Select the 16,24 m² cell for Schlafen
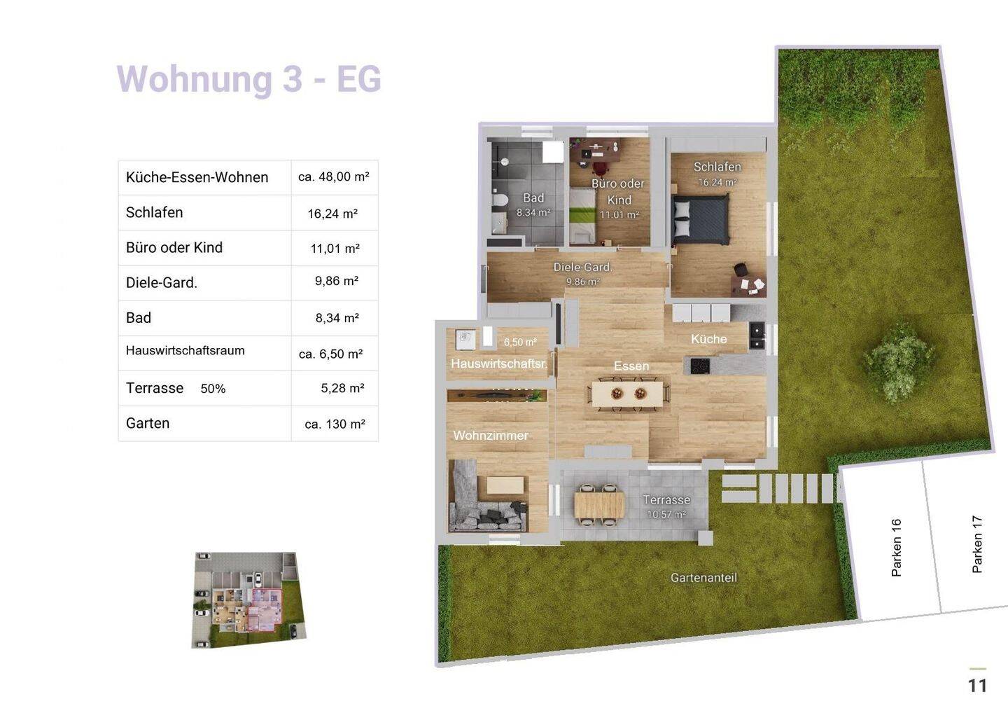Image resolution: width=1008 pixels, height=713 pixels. click(x=332, y=214)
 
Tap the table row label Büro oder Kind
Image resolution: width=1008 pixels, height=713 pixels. click(x=174, y=247)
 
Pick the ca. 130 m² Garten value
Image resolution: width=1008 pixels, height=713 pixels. click(x=335, y=424)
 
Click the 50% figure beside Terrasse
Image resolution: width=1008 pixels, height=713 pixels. click(x=213, y=389)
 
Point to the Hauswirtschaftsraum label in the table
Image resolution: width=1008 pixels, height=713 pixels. click(x=185, y=351)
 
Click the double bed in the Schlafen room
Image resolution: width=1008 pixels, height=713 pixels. click(x=700, y=220)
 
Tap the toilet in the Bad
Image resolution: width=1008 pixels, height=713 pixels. click(x=500, y=200)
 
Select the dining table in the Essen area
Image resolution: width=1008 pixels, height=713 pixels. click(x=628, y=394)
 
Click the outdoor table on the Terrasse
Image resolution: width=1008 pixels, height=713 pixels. click(x=599, y=504)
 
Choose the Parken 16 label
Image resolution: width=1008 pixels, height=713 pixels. click(x=896, y=547)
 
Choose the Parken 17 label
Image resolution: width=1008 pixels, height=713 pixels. click(x=977, y=544)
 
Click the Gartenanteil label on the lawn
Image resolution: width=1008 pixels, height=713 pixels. click(x=703, y=578)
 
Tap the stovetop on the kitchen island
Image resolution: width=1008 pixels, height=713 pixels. click(x=700, y=366)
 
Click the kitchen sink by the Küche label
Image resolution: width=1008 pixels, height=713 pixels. click(x=757, y=336)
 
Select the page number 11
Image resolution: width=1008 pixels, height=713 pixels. click(x=977, y=686)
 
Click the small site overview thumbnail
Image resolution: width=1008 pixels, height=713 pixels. click(x=249, y=600)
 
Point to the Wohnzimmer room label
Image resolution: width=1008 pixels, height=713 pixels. click(x=491, y=436)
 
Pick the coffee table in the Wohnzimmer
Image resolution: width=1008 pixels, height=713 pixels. click(x=505, y=485)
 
